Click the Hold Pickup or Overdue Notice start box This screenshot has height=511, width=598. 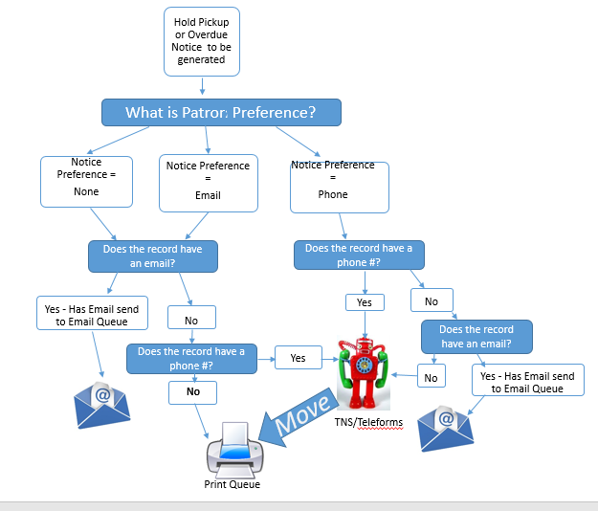click(202, 41)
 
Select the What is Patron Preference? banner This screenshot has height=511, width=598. click(221, 112)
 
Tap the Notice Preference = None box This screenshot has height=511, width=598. click(85, 181)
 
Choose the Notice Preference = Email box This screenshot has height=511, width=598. click(208, 182)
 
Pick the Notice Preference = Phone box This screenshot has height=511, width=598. click(340, 187)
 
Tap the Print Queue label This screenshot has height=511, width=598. click(232, 484)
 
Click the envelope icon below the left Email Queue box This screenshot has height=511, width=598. click(102, 400)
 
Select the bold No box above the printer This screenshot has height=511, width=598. click(193, 391)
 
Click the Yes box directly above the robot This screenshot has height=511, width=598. click(365, 301)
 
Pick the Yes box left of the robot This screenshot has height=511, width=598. click(299, 358)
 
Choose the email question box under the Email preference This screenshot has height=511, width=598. click(153, 255)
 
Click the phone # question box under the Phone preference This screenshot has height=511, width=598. click(359, 255)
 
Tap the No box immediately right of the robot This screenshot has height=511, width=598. click(431, 378)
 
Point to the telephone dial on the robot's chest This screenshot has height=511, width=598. click(365, 366)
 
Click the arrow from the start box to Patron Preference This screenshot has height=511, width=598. click(202, 87)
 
